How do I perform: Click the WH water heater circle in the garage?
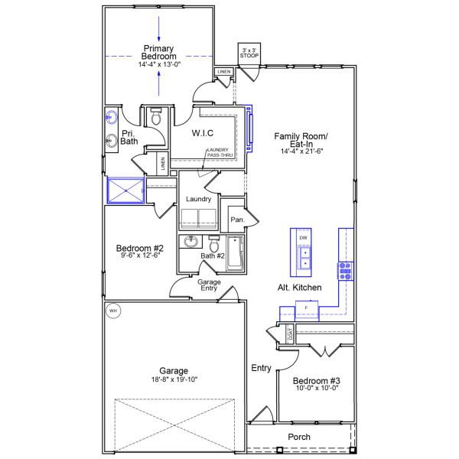click(113, 311)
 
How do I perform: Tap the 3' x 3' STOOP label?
click(249, 53)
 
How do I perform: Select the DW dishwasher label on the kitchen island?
click(303, 238)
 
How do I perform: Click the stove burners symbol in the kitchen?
click(346, 271)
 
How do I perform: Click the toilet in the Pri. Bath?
click(156, 116)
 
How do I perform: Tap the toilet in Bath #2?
click(214, 243)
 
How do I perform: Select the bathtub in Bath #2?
click(235, 253)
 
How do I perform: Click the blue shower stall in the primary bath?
click(126, 190)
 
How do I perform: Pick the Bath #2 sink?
click(190, 242)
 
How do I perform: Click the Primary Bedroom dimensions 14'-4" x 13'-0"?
click(159, 64)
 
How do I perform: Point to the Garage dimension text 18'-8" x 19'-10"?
click(174, 379)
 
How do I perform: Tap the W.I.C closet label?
click(203, 133)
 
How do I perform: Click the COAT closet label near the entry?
click(291, 334)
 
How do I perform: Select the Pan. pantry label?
click(237, 220)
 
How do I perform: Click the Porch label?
click(299, 437)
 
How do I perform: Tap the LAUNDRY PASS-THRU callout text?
click(220, 152)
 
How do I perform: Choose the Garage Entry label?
click(209, 285)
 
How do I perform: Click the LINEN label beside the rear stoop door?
click(224, 72)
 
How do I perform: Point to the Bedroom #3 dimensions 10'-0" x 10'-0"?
click(317, 388)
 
